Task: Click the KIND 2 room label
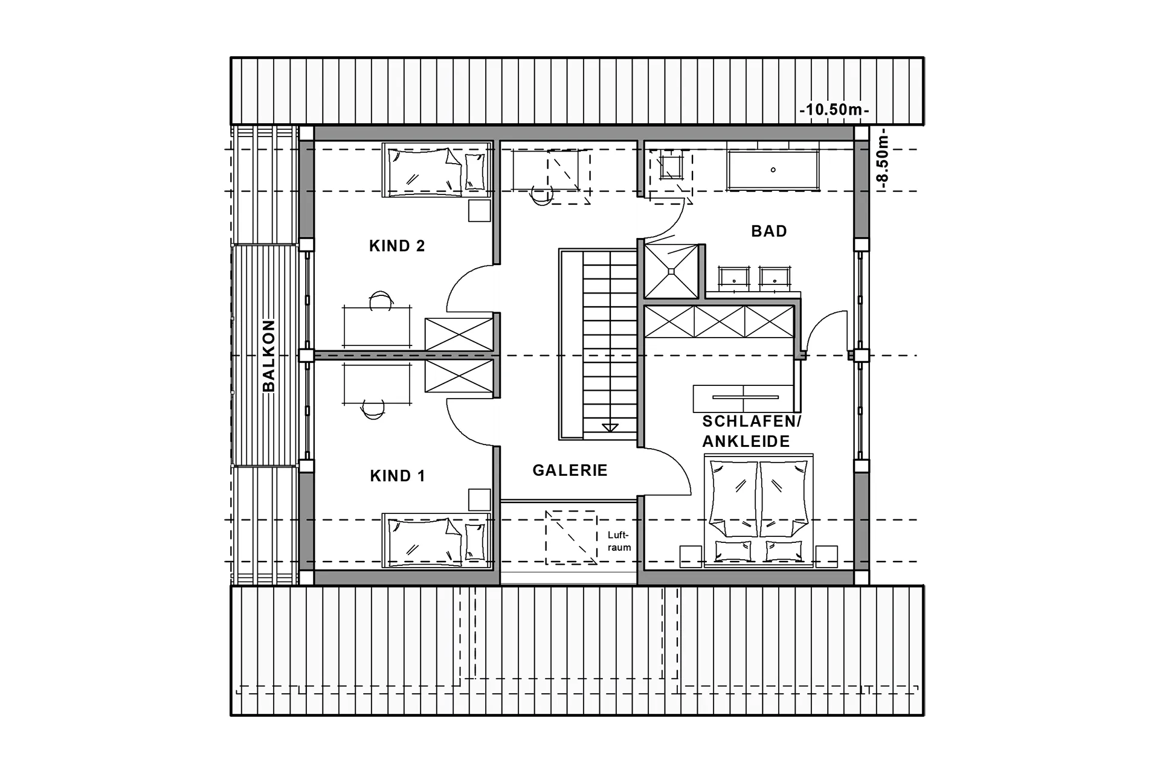(397, 246)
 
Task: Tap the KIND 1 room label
(398, 476)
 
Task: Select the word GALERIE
(570, 470)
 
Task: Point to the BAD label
(769, 231)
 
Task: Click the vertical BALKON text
(269, 356)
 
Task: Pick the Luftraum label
(619, 541)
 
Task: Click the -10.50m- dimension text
(834, 111)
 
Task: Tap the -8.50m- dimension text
(883, 159)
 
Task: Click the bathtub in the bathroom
(773, 170)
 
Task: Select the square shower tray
(671, 271)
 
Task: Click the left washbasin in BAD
(733, 277)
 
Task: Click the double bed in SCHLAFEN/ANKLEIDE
(759, 507)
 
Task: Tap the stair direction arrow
(610, 428)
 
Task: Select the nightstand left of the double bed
(691, 556)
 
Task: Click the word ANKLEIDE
(746, 441)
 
